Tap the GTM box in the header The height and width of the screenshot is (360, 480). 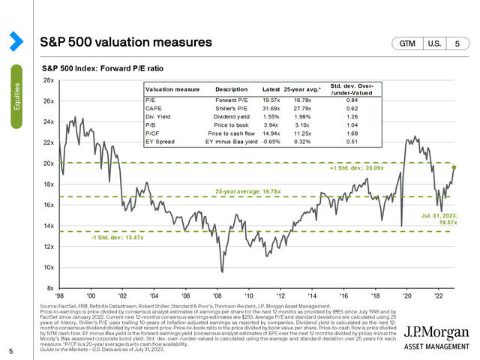click(x=409, y=44)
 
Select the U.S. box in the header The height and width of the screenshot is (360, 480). click(x=436, y=44)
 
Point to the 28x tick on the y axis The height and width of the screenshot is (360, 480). click(x=49, y=80)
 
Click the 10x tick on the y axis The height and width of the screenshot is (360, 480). click(x=49, y=268)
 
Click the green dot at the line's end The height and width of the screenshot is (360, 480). click(x=453, y=167)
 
